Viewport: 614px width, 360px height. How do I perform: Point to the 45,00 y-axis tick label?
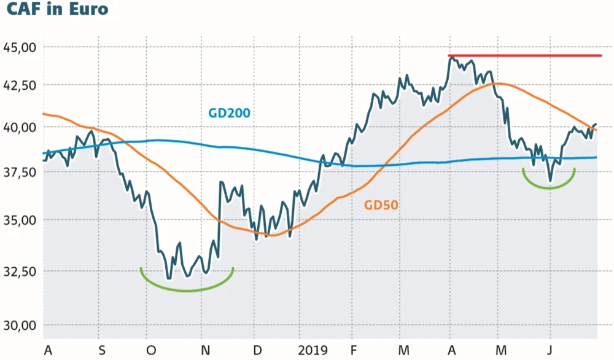coord(20,47)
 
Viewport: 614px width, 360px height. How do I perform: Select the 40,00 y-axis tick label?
coord(20,127)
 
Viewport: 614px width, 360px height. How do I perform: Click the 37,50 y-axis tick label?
coord(20,174)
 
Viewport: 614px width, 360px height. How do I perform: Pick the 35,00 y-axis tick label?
coord(20,219)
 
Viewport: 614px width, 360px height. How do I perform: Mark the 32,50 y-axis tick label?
coord(20,271)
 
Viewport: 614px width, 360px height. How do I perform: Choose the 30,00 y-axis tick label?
coord(20,324)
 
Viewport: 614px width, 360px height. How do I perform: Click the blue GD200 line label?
coord(229,113)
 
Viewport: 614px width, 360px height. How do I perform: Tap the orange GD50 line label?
coord(381,205)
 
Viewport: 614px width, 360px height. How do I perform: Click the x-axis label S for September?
coord(102,350)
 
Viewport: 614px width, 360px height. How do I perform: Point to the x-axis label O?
coord(152,350)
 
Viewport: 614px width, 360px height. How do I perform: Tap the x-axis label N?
coord(206,350)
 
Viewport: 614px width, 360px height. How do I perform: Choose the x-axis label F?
coord(353,350)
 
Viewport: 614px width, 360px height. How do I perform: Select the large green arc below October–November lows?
coord(187,290)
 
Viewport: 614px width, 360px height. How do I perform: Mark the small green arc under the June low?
coord(548,187)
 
